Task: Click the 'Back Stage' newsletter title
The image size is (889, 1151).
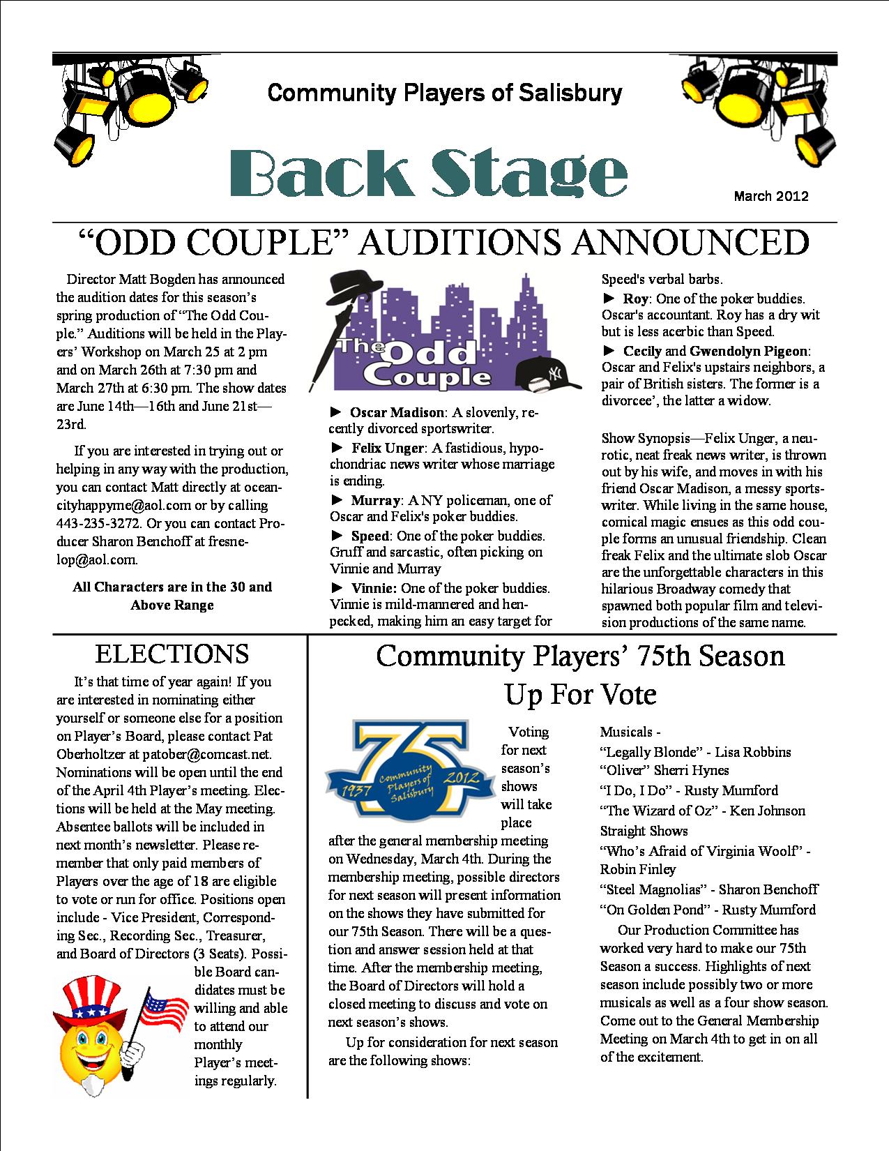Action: pos(428,173)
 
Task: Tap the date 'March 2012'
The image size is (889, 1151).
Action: pos(770,196)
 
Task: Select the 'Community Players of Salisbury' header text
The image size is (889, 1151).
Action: pos(444,92)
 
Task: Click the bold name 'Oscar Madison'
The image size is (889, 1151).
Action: pos(396,413)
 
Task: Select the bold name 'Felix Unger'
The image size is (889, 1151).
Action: pos(387,447)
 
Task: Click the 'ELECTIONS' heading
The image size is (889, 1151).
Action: pos(172,654)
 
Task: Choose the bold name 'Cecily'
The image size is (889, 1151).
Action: pos(641,351)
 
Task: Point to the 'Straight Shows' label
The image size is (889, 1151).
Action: pos(644,831)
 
